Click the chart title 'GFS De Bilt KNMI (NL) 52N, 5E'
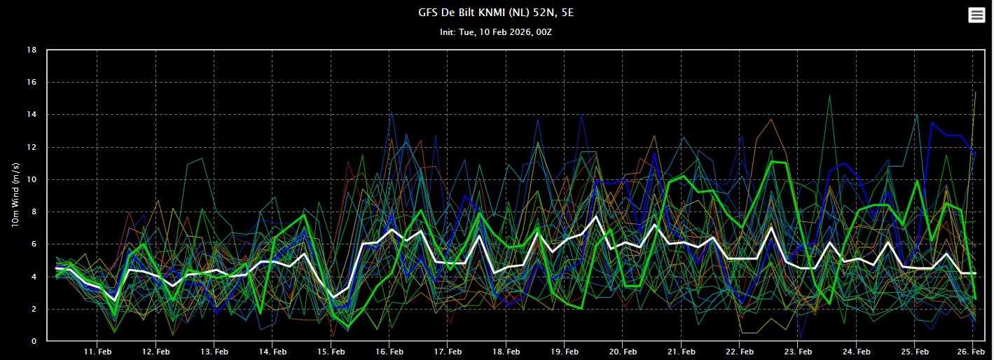pyautogui.click(x=497, y=12)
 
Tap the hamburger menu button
pyautogui.click(x=976, y=15)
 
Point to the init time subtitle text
pyautogui.click(x=497, y=32)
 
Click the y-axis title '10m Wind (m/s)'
pyautogui.click(x=15, y=195)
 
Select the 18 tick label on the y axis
pyautogui.click(x=32, y=50)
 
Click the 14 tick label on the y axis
pyautogui.click(x=32, y=115)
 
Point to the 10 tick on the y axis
pyautogui.click(x=32, y=180)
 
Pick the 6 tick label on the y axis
pyautogui.click(x=34, y=244)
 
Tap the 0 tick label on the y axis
pyautogui.click(x=34, y=342)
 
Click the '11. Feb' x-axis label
pyautogui.click(x=98, y=351)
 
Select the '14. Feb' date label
pyautogui.click(x=272, y=351)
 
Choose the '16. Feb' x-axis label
pyautogui.click(x=389, y=351)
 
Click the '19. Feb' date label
pyautogui.click(x=564, y=351)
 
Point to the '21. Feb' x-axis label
pyautogui.click(x=680, y=351)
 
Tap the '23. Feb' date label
pyautogui.click(x=797, y=351)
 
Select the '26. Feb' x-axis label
pyautogui.click(x=971, y=351)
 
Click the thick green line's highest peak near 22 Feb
pyautogui.click(x=771, y=161)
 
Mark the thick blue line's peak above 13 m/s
pyautogui.click(x=932, y=123)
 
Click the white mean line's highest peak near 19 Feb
pyautogui.click(x=596, y=216)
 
